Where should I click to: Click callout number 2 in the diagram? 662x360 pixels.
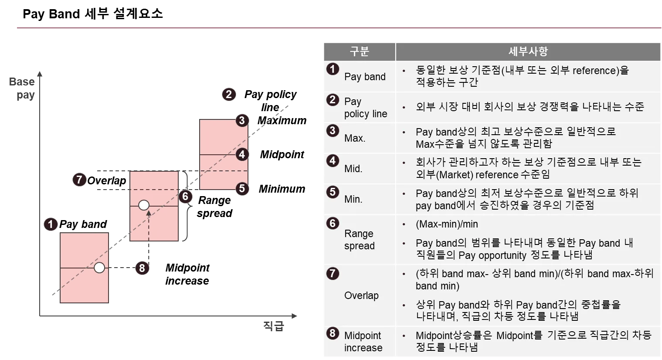coord(229,95)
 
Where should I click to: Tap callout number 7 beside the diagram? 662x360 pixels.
coord(79,180)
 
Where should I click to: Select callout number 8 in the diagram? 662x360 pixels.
coord(142,268)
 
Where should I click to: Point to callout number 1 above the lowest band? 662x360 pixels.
coord(51,224)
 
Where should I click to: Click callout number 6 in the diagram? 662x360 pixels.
coord(185,197)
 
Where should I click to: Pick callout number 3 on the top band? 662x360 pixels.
coord(242,120)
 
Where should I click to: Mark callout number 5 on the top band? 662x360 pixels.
coord(242,189)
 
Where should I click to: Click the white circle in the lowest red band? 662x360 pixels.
coord(99,268)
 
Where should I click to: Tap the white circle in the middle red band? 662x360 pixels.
coord(144,205)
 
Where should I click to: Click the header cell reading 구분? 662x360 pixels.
coord(359,51)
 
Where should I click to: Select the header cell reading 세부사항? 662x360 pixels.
coord(528,51)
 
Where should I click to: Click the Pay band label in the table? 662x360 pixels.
coord(365,77)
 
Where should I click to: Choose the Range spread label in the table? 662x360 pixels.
coord(359,240)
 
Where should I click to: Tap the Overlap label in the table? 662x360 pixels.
coord(361,295)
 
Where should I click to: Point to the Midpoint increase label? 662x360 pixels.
coord(363,342)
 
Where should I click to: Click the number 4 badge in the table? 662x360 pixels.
coord(333,160)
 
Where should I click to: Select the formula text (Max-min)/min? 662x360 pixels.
coord(447,224)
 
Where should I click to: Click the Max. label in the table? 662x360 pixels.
coord(355,138)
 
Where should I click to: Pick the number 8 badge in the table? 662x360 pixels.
coord(333,333)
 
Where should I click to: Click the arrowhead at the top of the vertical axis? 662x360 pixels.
coord(40,73)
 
